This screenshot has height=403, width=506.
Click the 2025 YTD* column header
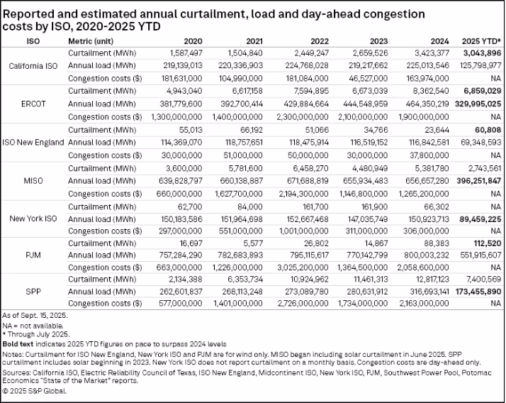coord(483,41)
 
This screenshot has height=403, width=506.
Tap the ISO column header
coord(33,41)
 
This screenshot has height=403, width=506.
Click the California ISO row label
coord(33,65)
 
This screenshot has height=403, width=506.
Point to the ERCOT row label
coord(33,104)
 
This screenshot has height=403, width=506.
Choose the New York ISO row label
coord(33,219)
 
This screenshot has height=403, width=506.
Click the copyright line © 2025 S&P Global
coord(35,391)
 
